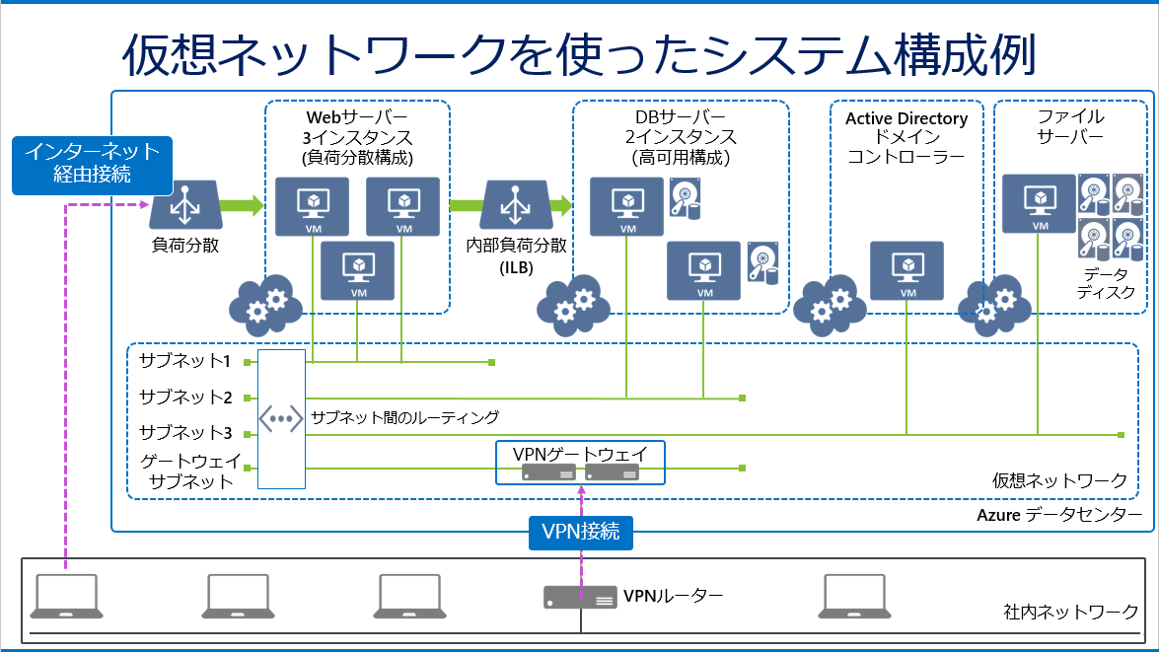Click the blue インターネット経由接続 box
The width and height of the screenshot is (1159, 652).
click(x=93, y=165)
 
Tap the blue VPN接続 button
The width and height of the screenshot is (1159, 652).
click(x=581, y=533)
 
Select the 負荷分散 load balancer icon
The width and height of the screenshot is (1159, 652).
click(x=185, y=204)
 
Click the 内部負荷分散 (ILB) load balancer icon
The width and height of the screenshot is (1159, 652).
click(x=516, y=205)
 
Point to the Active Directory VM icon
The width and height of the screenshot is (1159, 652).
click(x=906, y=270)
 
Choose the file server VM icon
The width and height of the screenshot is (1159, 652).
click(x=1040, y=203)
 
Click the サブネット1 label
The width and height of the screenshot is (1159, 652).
click(x=184, y=361)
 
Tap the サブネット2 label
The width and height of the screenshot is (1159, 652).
click(x=185, y=397)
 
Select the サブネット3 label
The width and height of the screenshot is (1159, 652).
click(x=185, y=432)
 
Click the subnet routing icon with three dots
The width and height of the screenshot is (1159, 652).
click(x=281, y=419)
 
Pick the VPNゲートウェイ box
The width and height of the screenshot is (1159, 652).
click(x=580, y=463)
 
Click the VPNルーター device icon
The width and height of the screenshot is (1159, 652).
click(x=580, y=598)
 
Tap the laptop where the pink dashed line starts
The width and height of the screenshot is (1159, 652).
click(x=66, y=596)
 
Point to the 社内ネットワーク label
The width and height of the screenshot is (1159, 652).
click(x=1070, y=612)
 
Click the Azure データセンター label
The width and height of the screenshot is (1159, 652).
click(x=1059, y=515)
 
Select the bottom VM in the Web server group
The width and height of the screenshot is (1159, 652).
click(x=358, y=270)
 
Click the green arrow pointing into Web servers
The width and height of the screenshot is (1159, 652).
click(x=243, y=205)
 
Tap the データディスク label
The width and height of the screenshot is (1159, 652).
click(x=1106, y=283)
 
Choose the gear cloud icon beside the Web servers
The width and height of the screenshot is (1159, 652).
click(x=265, y=306)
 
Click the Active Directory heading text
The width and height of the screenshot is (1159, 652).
click(x=906, y=118)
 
